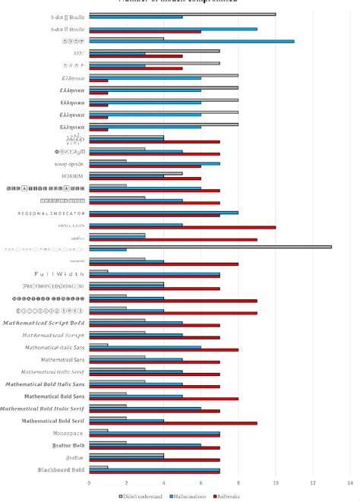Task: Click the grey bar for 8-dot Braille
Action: [x=182, y=14]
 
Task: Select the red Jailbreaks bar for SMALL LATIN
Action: [x=182, y=228]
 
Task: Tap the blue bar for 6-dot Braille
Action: [x=173, y=29]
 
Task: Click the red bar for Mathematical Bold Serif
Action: [x=173, y=423]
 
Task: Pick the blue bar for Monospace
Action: [x=154, y=434]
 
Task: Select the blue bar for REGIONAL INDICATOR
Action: [x=163, y=213]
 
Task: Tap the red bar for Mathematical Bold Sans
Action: [x=163, y=399]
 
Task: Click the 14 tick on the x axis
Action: [x=349, y=482]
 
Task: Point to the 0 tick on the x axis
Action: [x=89, y=482]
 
